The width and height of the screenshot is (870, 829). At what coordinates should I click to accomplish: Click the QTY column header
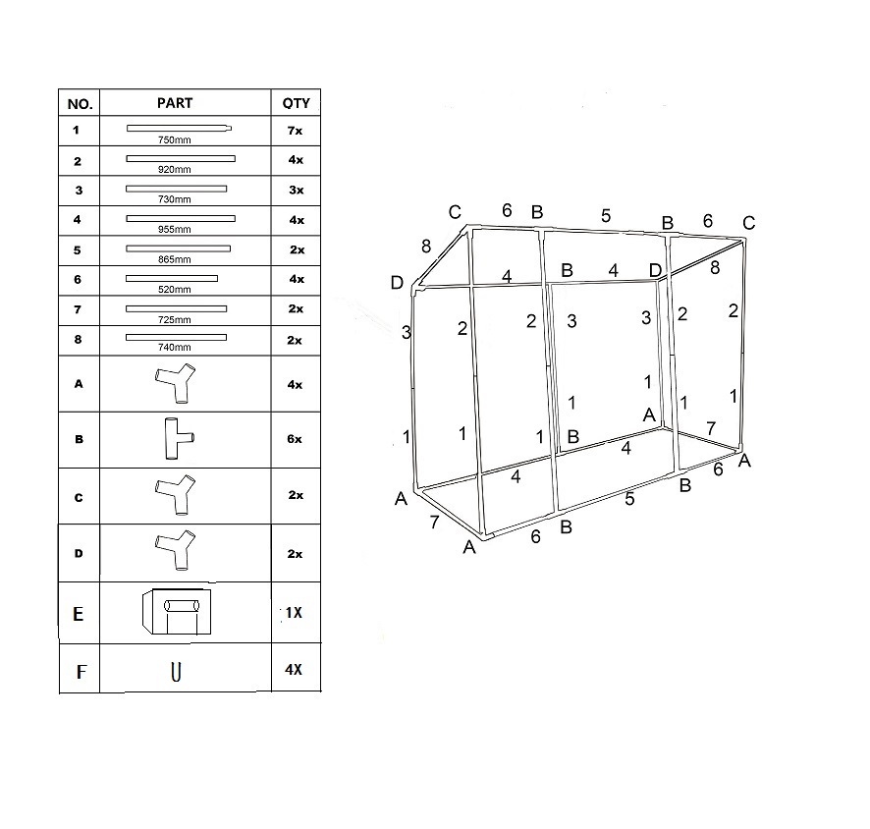click(296, 103)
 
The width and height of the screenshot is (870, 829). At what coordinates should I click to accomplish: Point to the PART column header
click(175, 103)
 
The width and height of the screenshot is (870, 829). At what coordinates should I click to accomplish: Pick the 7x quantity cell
click(296, 131)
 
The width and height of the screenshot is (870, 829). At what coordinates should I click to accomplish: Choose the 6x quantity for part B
click(296, 439)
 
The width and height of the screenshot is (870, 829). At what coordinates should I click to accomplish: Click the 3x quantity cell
click(296, 190)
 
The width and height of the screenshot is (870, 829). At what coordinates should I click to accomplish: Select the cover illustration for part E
click(177, 612)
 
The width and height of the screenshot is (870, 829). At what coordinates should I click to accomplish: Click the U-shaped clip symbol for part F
click(176, 672)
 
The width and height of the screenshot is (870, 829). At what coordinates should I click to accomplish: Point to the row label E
click(79, 614)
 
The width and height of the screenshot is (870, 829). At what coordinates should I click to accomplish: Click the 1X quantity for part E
click(293, 613)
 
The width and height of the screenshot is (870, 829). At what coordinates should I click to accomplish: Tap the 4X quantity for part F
click(293, 672)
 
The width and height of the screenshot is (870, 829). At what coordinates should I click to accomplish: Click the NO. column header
click(79, 103)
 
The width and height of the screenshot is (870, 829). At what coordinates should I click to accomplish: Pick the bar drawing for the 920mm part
click(181, 158)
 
